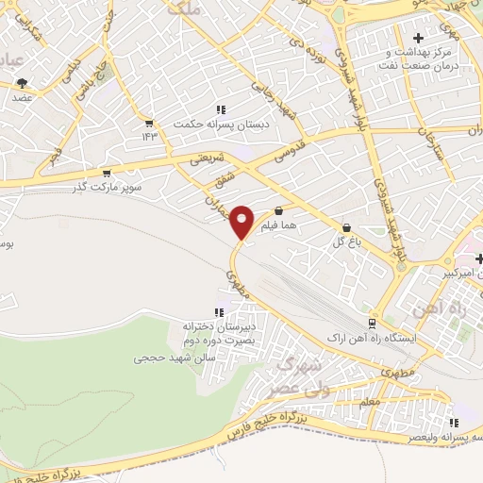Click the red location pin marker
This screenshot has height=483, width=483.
coord(242,222)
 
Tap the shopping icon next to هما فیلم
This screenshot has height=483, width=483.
coord(278,211)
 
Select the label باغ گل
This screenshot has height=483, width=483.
coord(346,242)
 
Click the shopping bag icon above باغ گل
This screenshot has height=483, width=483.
coord(347,228)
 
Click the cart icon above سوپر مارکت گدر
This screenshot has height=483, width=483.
coord(107,174)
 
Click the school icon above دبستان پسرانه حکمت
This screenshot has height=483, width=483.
coord(221,109)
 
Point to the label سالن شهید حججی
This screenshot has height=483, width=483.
coord(175,358)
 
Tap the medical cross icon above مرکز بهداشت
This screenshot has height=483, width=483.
coord(418,38)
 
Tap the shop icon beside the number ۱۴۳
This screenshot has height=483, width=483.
coord(149,124)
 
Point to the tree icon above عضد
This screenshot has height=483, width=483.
coord(22,84)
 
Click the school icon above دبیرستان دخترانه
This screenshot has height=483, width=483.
coord(220,312)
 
